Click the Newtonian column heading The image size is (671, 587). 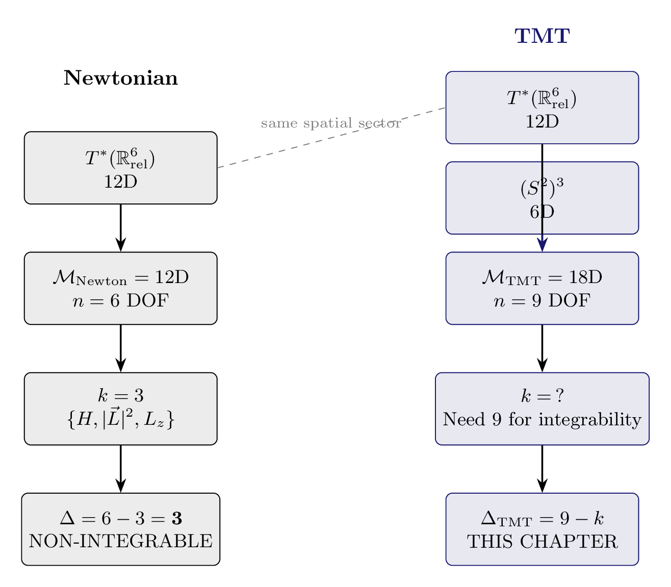pyautogui.click(x=121, y=78)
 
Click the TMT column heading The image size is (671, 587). pyautogui.click(x=542, y=36)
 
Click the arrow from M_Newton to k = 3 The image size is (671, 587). pyautogui.click(x=121, y=348)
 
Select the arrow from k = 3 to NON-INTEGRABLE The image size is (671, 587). pyautogui.click(x=121, y=469)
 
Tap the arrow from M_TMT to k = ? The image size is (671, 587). pyautogui.click(x=542, y=348)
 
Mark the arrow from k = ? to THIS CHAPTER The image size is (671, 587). pyautogui.click(x=542, y=469)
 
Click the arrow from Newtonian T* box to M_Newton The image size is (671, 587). pyautogui.click(x=121, y=228)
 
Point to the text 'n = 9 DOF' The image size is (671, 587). pyautogui.click(x=542, y=301)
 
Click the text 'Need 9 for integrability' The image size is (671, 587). pyautogui.click(x=542, y=420)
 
